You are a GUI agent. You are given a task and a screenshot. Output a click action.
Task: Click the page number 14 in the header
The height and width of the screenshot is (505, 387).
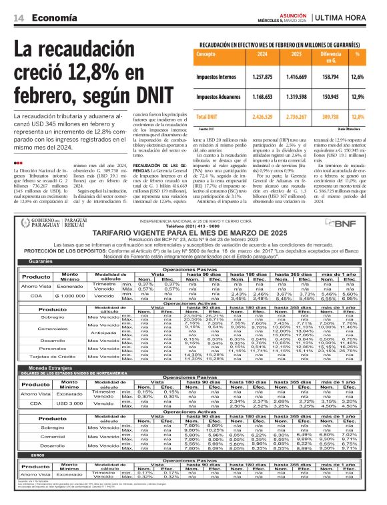coord(17,19)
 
